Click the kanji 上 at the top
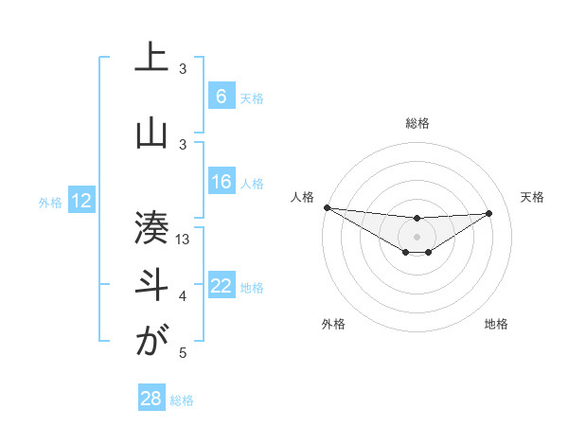151,59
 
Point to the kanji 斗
151,284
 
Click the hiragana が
151,341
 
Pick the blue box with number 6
222,97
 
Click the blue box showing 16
222,182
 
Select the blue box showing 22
222,287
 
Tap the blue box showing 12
80,201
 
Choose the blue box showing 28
151,399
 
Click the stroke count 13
184,240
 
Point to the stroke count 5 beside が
183,353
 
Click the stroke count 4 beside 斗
183,297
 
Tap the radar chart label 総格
417,123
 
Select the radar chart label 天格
532,197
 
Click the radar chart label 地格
496,324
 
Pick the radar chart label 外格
333,324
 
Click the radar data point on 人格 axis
327,207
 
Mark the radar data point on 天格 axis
489,212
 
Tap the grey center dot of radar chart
417,236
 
